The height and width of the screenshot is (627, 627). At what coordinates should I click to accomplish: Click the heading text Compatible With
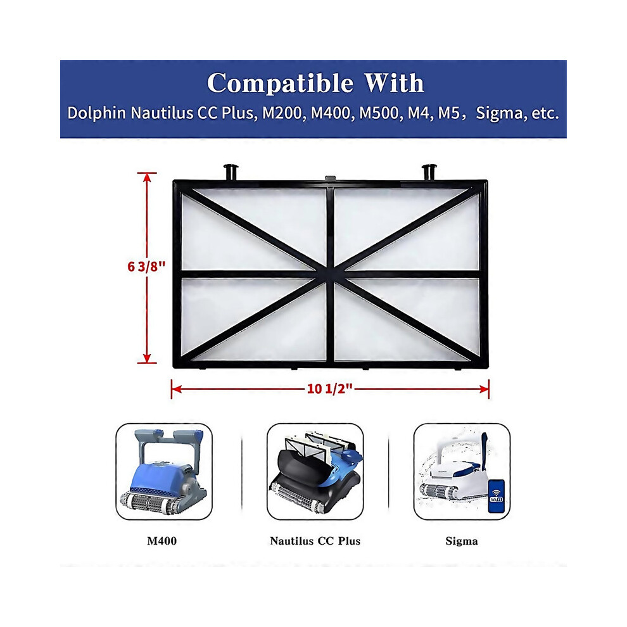[x=315, y=84]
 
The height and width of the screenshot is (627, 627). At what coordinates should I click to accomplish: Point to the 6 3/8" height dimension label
[x=146, y=267]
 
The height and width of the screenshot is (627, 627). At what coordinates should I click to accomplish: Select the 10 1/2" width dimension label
[x=329, y=389]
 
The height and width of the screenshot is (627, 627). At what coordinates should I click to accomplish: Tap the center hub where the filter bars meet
[x=330, y=274]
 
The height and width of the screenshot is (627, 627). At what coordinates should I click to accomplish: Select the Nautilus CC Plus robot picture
[x=315, y=472]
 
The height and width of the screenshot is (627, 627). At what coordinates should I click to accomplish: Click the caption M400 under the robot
[x=163, y=541]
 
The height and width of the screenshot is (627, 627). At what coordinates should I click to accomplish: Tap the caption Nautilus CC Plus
[x=315, y=541]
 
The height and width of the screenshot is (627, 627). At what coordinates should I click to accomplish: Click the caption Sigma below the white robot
[x=462, y=541]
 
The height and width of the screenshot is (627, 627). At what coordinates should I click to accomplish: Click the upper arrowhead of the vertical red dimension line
[x=148, y=178]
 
